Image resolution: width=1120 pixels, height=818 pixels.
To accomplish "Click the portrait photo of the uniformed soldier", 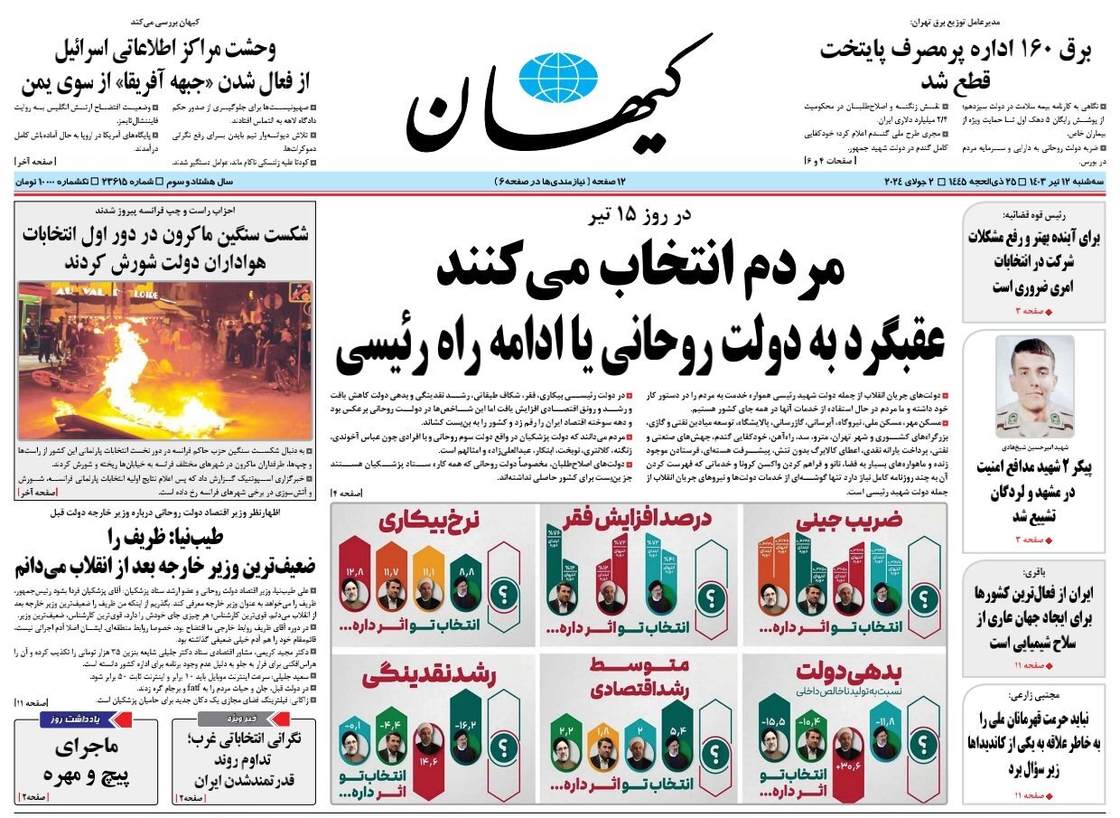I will [x=1035, y=387].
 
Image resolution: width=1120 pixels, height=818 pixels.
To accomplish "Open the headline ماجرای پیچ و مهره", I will [x=87, y=760].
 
